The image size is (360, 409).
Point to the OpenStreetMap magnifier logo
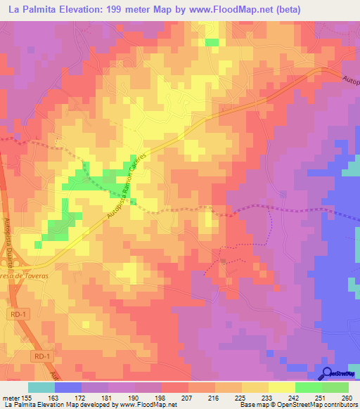(x=328, y=372)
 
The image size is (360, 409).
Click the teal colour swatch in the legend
(x=41, y=387)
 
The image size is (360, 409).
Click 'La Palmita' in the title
(x=32, y=9)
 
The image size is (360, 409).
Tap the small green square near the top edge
(x=212, y=42)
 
